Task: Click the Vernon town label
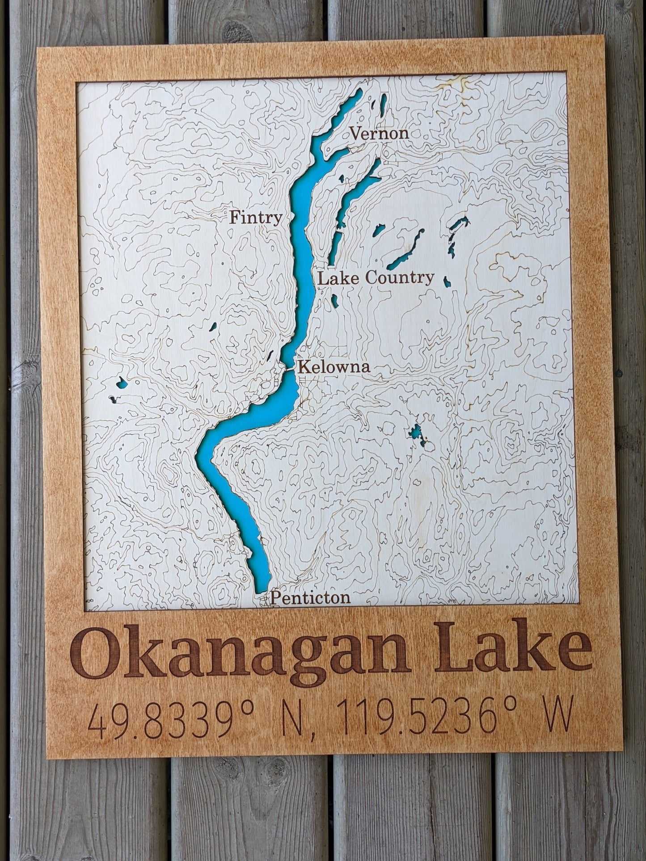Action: (x=379, y=133)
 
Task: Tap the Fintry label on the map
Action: (x=256, y=218)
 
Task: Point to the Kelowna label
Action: (x=334, y=367)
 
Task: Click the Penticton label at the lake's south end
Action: (x=310, y=597)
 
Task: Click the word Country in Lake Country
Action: (x=399, y=278)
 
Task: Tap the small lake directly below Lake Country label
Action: (x=334, y=300)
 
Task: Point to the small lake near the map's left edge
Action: (x=121, y=382)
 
